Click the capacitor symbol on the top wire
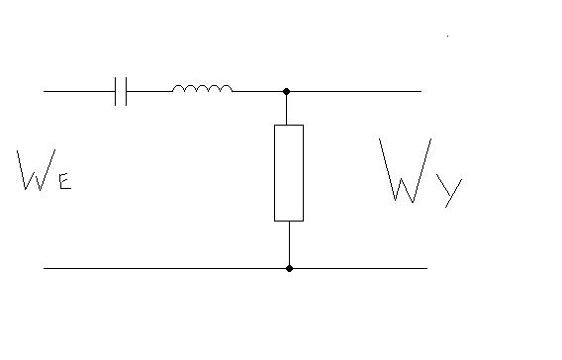[x=121, y=91]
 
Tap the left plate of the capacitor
[x=116, y=91]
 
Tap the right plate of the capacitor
[x=127, y=91]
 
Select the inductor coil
[x=203, y=88]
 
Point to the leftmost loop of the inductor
[x=179, y=86]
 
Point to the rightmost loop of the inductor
[x=227, y=86]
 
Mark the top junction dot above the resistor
[x=286, y=91]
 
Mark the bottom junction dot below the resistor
[x=289, y=268]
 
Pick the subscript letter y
[x=450, y=192]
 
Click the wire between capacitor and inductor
[x=149, y=91]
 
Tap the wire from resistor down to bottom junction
[x=289, y=243]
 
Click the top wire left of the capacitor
[x=79, y=91]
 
